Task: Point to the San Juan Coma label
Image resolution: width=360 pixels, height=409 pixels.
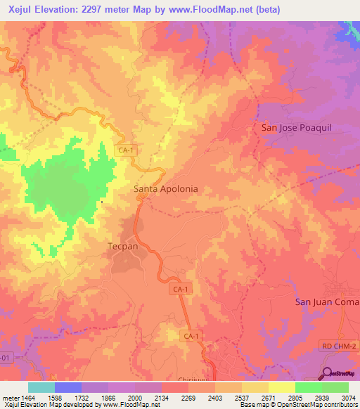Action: click(x=326, y=302)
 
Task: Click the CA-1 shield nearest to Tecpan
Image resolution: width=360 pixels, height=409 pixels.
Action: click(x=180, y=289)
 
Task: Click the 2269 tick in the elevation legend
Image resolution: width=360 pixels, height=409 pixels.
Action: click(x=188, y=398)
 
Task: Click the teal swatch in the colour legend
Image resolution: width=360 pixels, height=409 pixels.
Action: click(x=41, y=387)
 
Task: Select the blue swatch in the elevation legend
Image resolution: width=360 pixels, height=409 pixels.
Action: click(x=67, y=387)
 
